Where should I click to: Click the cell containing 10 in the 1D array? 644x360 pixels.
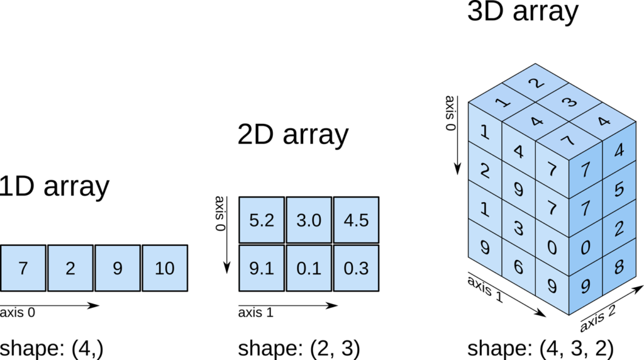[x=165, y=268]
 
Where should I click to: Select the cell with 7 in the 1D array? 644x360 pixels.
[x=23, y=268]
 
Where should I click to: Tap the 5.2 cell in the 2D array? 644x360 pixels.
[x=261, y=220]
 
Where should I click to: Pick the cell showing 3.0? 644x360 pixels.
[x=309, y=220]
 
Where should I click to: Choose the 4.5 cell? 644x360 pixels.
[x=356, y=220]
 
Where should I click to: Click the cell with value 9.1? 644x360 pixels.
[x=261, y=268]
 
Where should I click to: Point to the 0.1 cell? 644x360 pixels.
[x=309, y=268]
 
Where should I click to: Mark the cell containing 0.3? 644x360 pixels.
[x=356, y=268]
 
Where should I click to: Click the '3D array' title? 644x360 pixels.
[x=522, y=13]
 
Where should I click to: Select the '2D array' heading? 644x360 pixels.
[x=292, y=135]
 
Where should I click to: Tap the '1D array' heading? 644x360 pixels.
[x=55, y=186]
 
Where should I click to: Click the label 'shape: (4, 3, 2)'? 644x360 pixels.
[x=540, y=348]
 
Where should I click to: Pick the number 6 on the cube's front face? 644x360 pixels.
[x=519, y=266]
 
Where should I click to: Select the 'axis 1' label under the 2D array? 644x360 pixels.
[x=255, y=312]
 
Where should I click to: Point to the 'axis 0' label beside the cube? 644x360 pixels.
[x=450, y=113]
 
